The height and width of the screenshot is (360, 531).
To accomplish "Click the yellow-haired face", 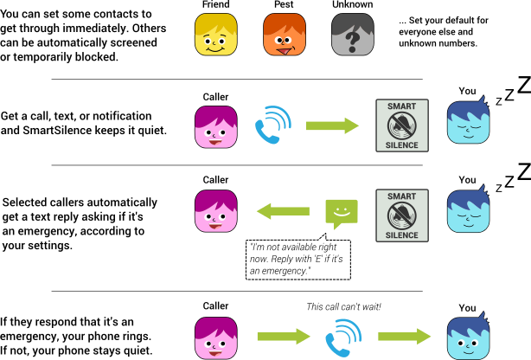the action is [215, 35].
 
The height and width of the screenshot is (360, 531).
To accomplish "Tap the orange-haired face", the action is [285, 35].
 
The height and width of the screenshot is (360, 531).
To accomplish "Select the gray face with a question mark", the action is [353, 35].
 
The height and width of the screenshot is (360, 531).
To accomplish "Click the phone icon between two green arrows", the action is [343, 337].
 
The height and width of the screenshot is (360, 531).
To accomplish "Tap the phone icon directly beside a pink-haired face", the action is [273, 125].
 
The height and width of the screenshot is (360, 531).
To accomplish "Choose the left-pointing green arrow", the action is [283, 211].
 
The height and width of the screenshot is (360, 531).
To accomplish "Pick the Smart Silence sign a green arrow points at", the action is [402, 125].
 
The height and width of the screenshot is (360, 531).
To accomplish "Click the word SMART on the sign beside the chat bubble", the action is [402, 197].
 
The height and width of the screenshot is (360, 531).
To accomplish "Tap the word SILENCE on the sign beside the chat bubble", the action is [402, 235].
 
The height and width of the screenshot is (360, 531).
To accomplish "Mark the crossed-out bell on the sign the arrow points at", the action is [402, 125].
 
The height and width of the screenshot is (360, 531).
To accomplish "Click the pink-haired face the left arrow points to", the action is [215, 211].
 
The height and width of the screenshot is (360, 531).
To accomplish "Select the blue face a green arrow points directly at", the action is [468, 337].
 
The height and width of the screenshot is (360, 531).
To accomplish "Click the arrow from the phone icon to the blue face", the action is [405, 337].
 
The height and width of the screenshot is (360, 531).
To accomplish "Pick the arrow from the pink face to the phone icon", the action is [284, 337].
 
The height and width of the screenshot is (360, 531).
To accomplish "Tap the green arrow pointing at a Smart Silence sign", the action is [332, 126].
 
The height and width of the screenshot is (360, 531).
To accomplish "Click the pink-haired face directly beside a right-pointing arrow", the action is [215, 337].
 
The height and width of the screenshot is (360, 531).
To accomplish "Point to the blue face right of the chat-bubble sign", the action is [468, 211].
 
